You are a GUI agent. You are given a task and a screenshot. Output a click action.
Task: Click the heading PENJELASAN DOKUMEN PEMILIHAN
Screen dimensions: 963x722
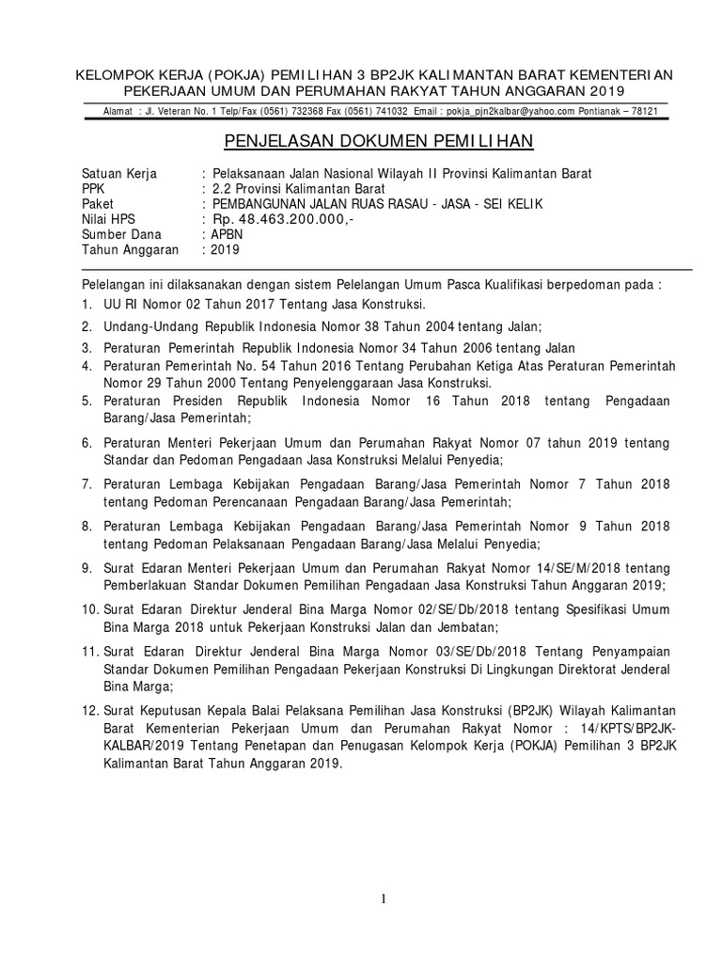(x=378, y=141)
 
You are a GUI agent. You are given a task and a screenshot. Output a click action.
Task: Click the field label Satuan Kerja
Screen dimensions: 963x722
(x=119, y=174)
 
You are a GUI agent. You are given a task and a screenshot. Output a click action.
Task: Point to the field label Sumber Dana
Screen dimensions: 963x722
(x=121, y=235)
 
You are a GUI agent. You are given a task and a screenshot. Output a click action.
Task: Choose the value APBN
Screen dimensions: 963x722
(x=228, y=235)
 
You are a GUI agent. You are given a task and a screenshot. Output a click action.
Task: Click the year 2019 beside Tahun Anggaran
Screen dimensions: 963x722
(x=226, y=250)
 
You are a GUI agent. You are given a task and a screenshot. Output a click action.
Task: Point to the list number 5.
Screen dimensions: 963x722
(x=86, y=402)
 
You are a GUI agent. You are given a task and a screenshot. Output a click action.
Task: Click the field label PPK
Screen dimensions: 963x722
(x=94, y=189)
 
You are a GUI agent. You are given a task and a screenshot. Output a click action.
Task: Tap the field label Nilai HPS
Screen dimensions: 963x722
(x=109, y=219)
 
